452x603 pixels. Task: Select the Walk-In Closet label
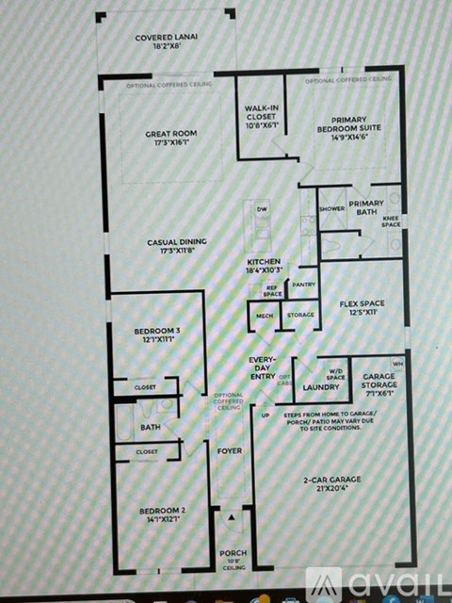[x=263, y=117]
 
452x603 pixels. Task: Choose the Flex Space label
[x=363, y=307]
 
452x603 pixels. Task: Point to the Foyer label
[x=230, y=451]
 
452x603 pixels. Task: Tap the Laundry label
[x=320, y=386]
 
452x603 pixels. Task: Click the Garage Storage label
[x=379, y=381]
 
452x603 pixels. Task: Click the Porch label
[x=232, y=553]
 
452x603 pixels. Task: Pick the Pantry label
[x=303, y=284]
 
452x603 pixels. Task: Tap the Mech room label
[x=265, y=316]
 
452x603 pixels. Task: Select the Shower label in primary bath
[x=331, y=208]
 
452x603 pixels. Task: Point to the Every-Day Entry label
[x=262, y=368]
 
